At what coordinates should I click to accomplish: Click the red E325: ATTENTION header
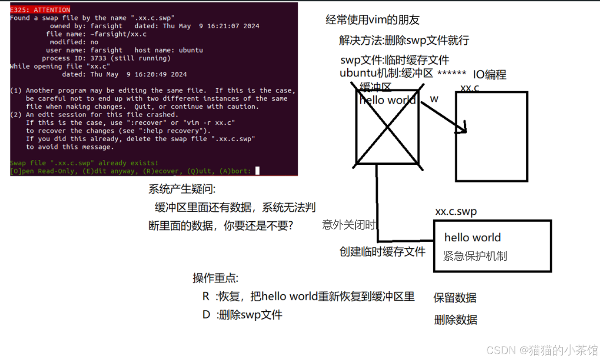(x=40, y=10)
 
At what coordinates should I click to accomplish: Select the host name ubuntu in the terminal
(x=191, y=50)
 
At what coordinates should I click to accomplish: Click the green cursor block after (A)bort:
(x=257, y=171)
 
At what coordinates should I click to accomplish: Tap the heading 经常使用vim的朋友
(x=372, y=20)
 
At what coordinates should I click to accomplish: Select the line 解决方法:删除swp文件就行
(x=404, y=41)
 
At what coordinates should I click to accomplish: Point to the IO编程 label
(x=489, y=75)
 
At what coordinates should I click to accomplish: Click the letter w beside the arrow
(x=434, y=99)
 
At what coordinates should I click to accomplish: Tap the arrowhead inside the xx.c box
(x=464, y=130)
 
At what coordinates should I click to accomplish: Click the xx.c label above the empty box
(x=469, y=88)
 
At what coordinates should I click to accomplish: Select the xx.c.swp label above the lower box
(x=455, y=211)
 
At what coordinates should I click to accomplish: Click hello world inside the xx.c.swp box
(x=472, y=238)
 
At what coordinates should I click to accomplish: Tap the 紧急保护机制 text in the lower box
(x=475, y=256)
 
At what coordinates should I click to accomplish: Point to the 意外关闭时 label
(x=349, y=225)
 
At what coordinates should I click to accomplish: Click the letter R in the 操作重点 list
(x=206, y=296)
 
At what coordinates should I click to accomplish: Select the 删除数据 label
(x=455, y=320)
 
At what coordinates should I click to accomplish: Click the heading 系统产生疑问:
(x=182, y=189)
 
